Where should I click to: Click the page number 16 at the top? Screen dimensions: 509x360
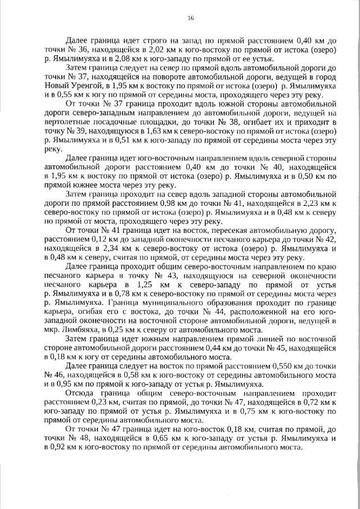(x=190, y=18)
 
